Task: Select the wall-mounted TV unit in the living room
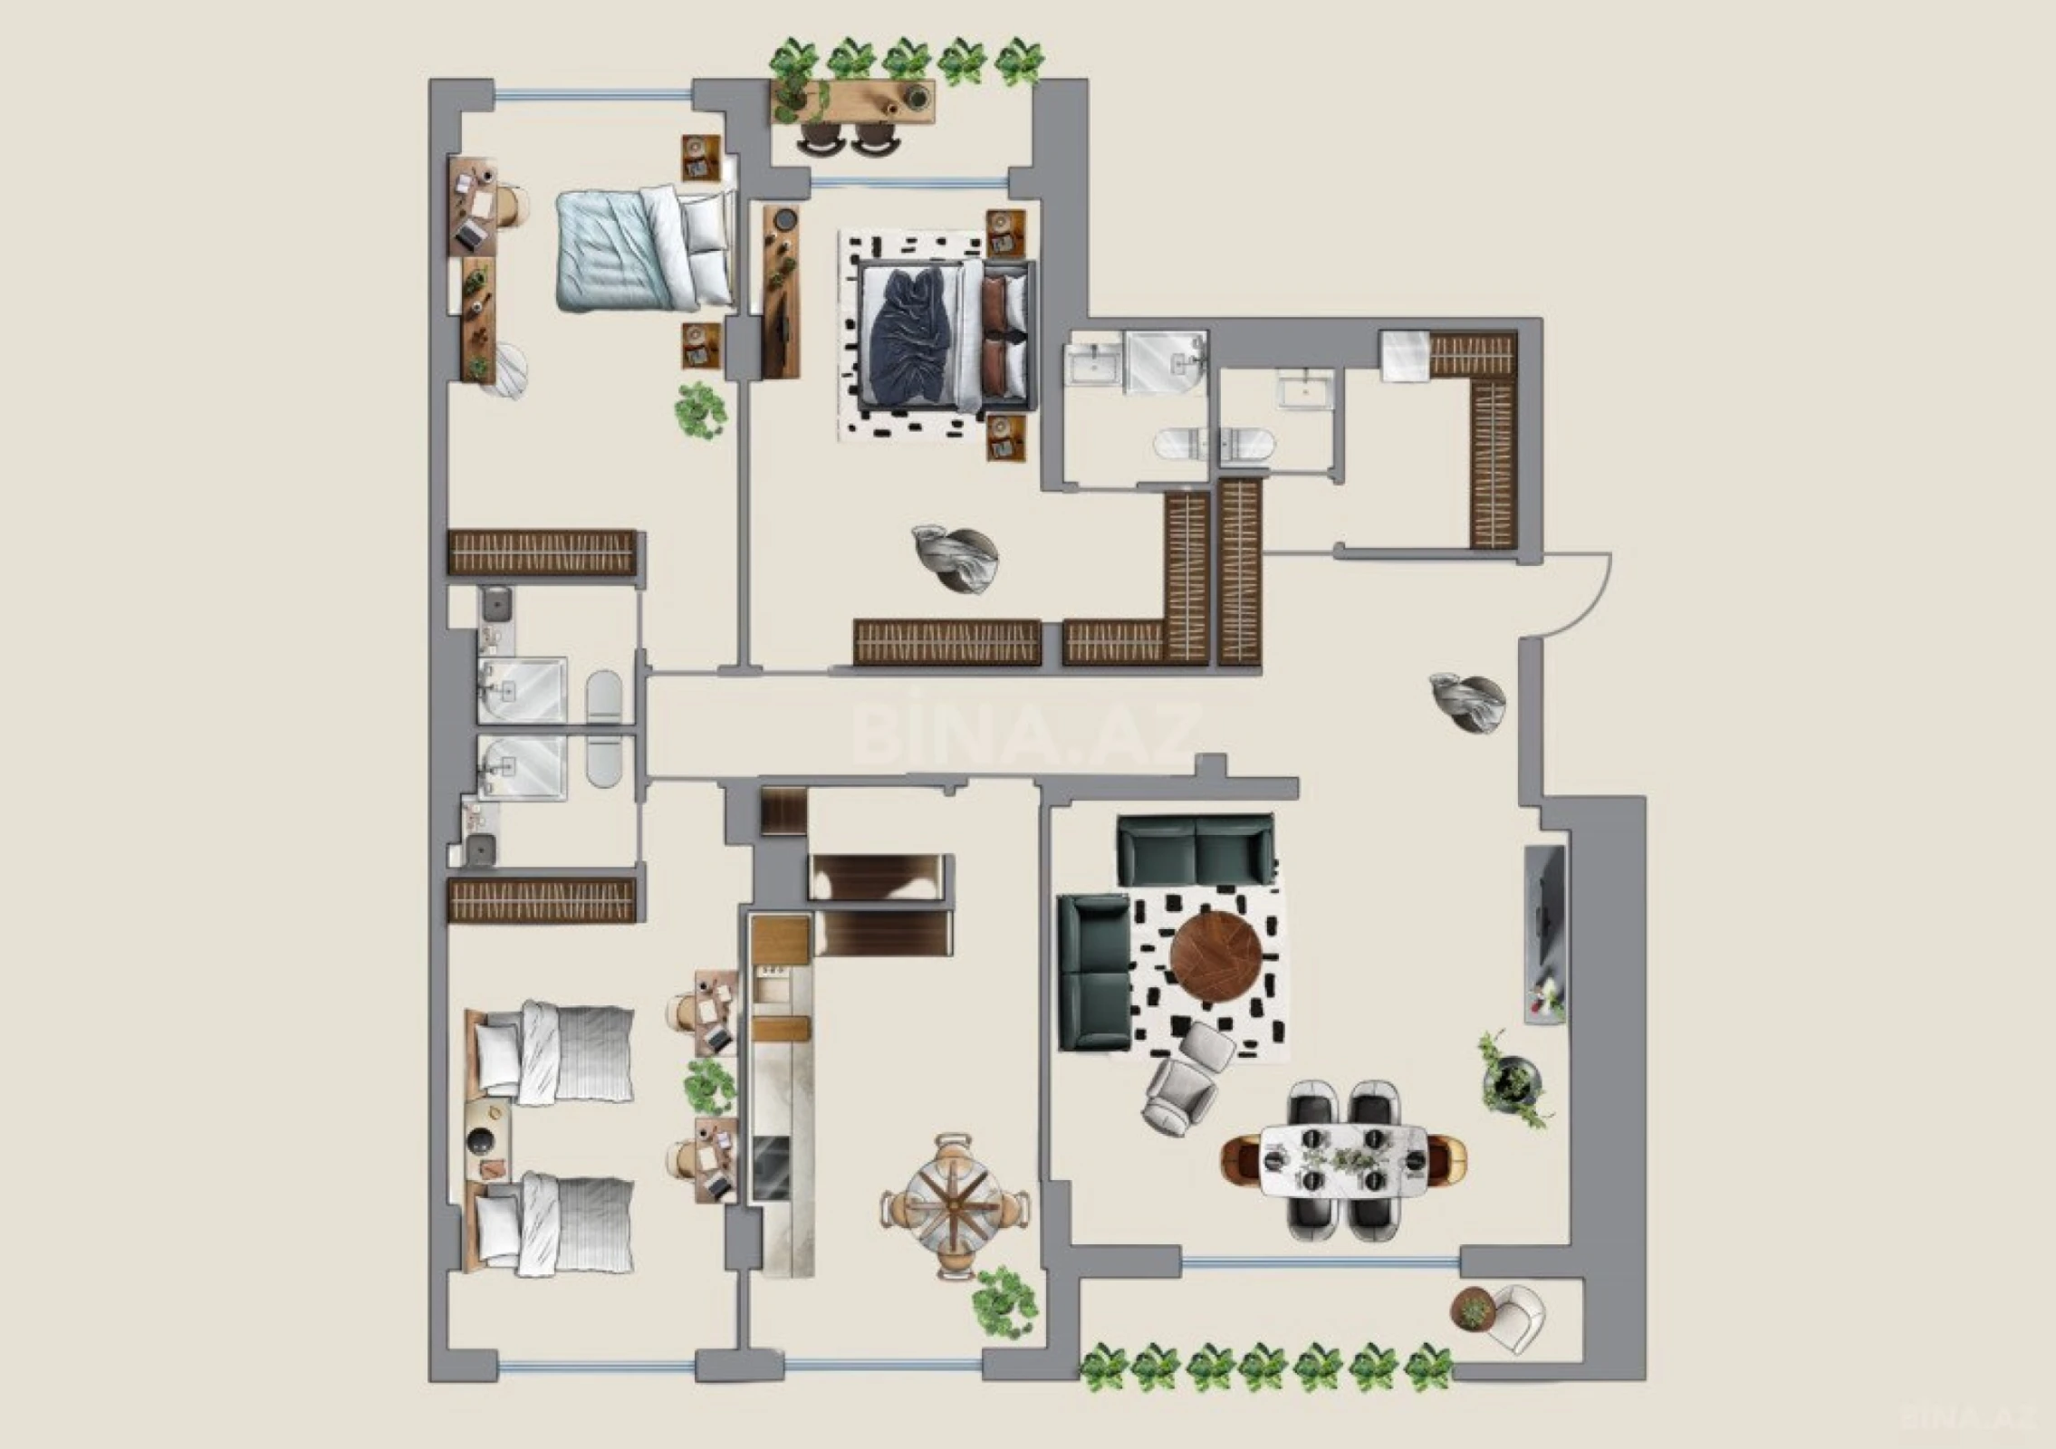pyautogui.click(x=1545, y=933)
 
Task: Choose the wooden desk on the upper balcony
pyautogui.click(x=852, y=101)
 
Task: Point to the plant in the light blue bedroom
pyautogui.click(x=700, y=410)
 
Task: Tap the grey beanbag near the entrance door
pyautogui.click(x=1467, y=702)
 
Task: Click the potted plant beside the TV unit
pyautogui.click(x=1511, y=1081)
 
